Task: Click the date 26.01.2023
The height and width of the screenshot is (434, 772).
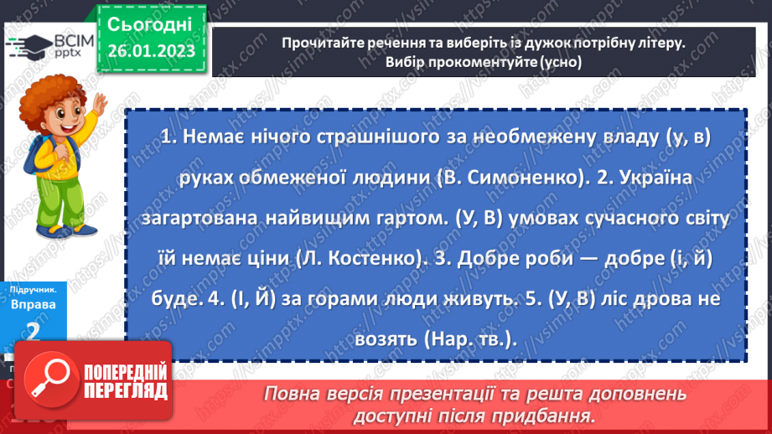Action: pos(151,50)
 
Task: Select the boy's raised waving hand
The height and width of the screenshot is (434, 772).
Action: pos(101,106)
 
